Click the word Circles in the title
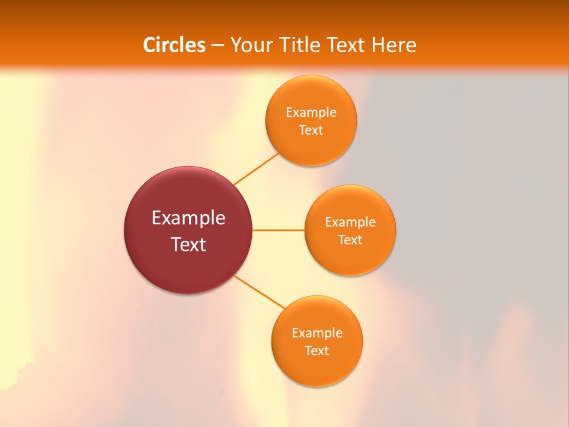pos(174,45)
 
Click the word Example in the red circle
pos(188,218)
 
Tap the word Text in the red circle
pos(188,244)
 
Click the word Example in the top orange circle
pos(311,113)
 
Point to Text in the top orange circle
pos(311,130)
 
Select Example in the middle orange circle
pos(350,222)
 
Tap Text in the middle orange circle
pos(350,240)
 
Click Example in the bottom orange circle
pos(317,333)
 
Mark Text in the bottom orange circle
pos(317,351)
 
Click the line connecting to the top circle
pos(256,169)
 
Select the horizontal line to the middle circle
pos(278,230)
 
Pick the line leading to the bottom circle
pos(260,292)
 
